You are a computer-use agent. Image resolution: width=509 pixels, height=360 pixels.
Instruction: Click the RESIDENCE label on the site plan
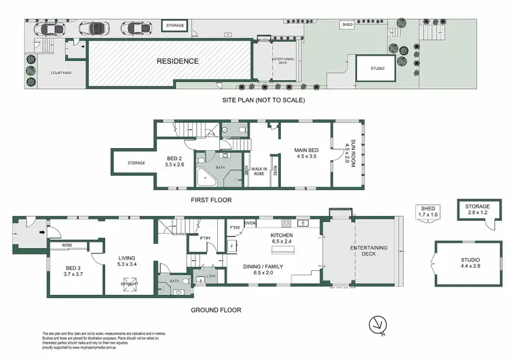pos(178,61)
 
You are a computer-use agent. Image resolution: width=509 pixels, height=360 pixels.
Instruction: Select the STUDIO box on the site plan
pos(377,69)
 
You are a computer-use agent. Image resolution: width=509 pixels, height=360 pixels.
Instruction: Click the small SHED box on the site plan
pos(347,24)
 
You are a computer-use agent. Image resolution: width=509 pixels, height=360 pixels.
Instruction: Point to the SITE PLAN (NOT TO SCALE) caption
pos(263,101)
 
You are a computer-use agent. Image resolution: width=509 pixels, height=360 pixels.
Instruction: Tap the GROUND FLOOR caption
pos(216,310)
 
